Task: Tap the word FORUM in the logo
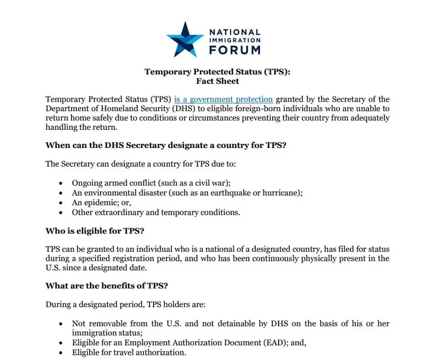pyautogui.click(x=235, y=50)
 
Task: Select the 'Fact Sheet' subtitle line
pyautogui.click(x=217, y=81)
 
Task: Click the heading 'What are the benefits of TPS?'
pyautogui.click(x=107, y=286)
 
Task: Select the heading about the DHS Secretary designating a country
pyautogui.click(x=166, y=145)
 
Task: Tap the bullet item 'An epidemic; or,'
pyautogui.click(x=101, y=202)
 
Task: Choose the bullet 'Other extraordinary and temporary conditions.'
pyautogui.click(x=156, y=213)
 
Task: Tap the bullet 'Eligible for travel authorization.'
pyautogui.click(x=129, y=353)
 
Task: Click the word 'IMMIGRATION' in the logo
pyautogui.click(x=235, y=40)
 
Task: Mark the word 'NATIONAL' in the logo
pyautogui.click(x=235, y=32)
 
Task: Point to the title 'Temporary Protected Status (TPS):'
pyautogui.click(x=218, y=72)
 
